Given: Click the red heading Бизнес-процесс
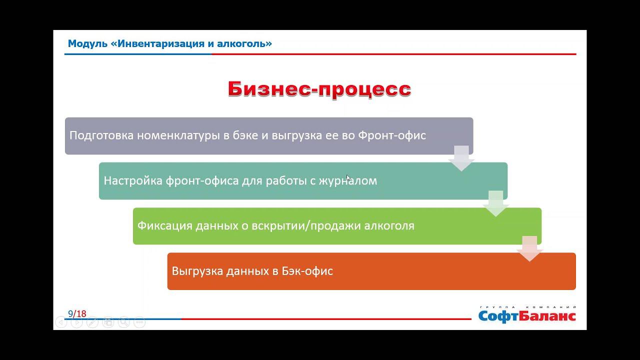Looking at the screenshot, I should pos(319,89).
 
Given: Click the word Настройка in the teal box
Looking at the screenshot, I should pos(133,180).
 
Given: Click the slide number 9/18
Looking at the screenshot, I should pos(77,314).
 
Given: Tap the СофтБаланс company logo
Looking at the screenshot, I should pos(527,315).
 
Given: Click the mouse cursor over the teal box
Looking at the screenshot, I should pos(348,177).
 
